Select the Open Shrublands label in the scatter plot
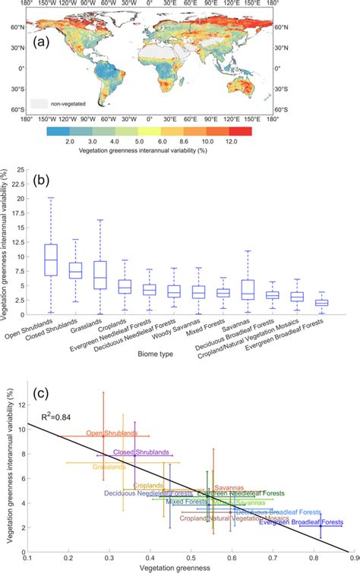tap(112, 433)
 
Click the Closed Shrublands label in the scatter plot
tap(141, 452)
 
